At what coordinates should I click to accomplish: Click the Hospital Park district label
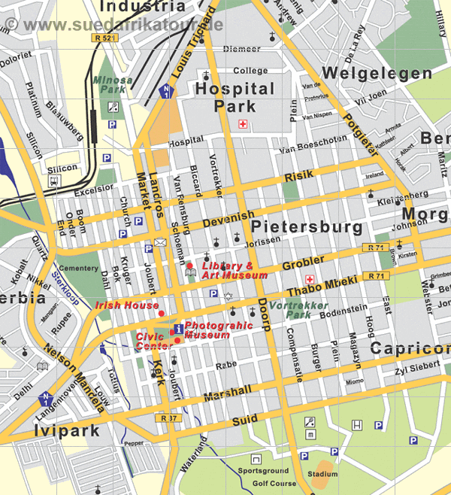(x=235, y=97)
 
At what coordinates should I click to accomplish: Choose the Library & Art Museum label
(x=235, y=271)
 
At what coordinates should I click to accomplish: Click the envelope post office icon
(x=160, y=242)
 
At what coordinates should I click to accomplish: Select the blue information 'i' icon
(x=177, y=329)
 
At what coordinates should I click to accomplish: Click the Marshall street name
(x=226, y=391)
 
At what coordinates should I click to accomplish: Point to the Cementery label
(x=78, y=269)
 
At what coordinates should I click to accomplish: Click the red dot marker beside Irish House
(x=161, y=312)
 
